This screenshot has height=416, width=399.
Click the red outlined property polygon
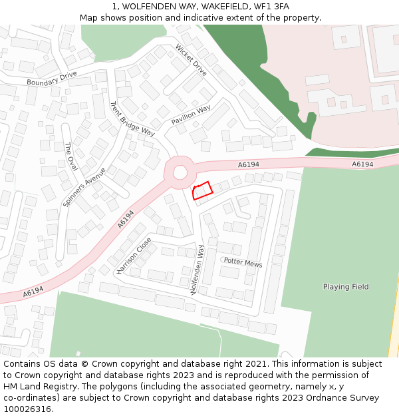(x=201, y=190)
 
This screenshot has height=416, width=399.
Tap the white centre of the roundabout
(x=180, y=172)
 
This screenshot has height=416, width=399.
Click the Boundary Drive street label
(x=52, y=79)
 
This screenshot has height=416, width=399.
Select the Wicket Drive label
(x=192, y=60)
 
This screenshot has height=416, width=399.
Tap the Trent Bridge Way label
(x=132, y=119)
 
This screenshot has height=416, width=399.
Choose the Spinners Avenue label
(x=84, y=187)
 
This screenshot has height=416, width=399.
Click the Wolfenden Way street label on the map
(x=197, y=270)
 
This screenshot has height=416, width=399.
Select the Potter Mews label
(x=243, y=263)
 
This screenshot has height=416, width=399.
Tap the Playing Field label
(x=346, y=287)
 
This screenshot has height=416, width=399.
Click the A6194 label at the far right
(x=362, y=164)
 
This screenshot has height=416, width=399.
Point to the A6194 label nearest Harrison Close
(x=126, y=220)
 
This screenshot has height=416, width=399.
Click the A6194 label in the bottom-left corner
(x=33, y=292)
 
